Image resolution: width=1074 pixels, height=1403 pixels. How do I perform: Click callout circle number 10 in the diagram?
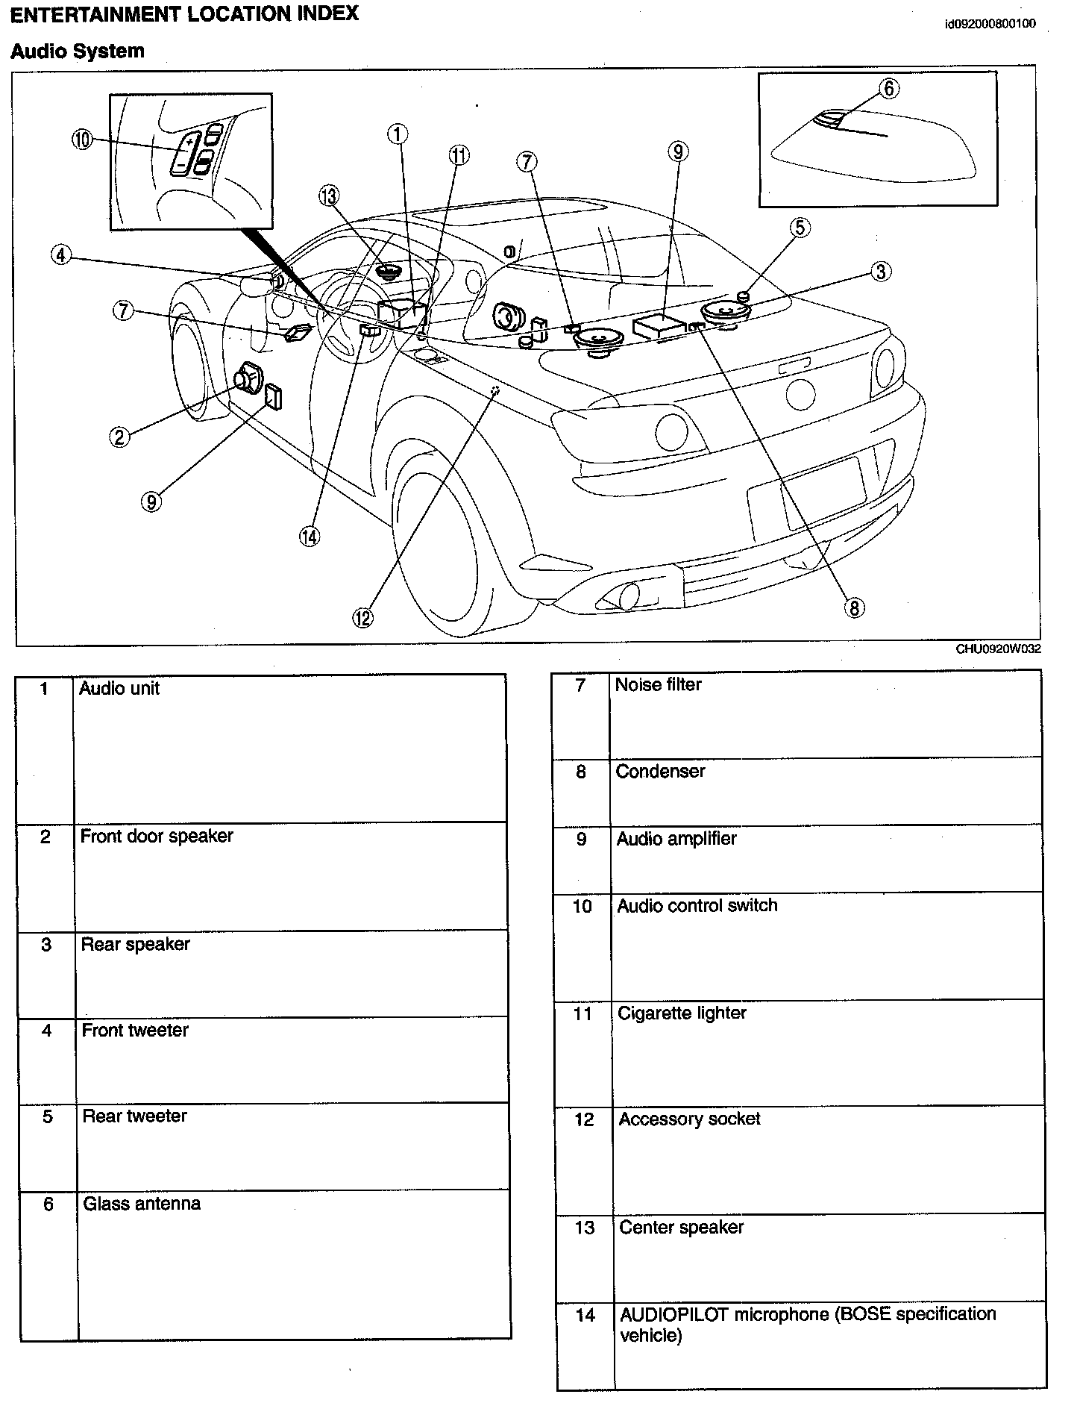(83, 140)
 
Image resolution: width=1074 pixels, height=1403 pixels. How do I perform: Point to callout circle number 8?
(854, 607)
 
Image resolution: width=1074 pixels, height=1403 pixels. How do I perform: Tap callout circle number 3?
(880, 272)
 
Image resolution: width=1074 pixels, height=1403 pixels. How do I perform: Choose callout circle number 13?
(328, 196)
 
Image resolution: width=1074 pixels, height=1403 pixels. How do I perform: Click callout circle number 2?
(119, 437)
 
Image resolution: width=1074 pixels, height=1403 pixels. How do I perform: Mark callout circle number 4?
(61, 255)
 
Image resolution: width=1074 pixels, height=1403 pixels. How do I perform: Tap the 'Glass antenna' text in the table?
(142, 1203)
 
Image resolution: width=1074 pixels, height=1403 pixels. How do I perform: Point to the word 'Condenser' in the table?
(660, 771)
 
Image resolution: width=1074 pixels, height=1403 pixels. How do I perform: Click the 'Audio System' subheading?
(78, 51)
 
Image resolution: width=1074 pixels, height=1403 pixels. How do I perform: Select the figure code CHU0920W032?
(998, 649)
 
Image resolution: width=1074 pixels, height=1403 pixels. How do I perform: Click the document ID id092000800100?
(990, 24)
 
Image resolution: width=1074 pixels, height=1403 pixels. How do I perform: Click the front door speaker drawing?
(248, 379)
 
